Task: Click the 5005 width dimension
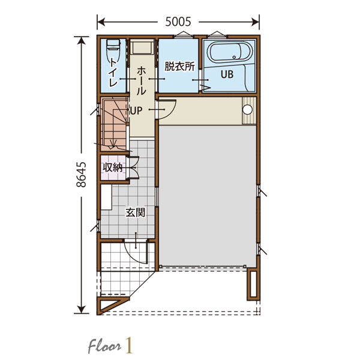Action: [x=178, y=22]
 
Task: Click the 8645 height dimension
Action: [x=81, y=175]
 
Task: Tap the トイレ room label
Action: [x=113, y=72]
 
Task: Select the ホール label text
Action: [x=141, y=81]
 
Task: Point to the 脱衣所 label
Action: [x=179, y=67]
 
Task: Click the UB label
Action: [x=227, y=74]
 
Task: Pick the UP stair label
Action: [x=136, y=110]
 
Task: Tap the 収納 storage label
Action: [x=113, y=167]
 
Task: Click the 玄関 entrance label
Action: [x=136, y=212]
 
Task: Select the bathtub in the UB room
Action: [x=230, y=52]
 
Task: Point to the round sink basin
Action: [x=247, y=110]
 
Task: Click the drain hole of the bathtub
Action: [x=234, y=57]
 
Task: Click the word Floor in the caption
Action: [x=104, y=346]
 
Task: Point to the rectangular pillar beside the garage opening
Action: [x=253, y=284]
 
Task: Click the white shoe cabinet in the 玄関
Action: [x=106, y=197]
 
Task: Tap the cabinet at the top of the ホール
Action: [x=142, y=47]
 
